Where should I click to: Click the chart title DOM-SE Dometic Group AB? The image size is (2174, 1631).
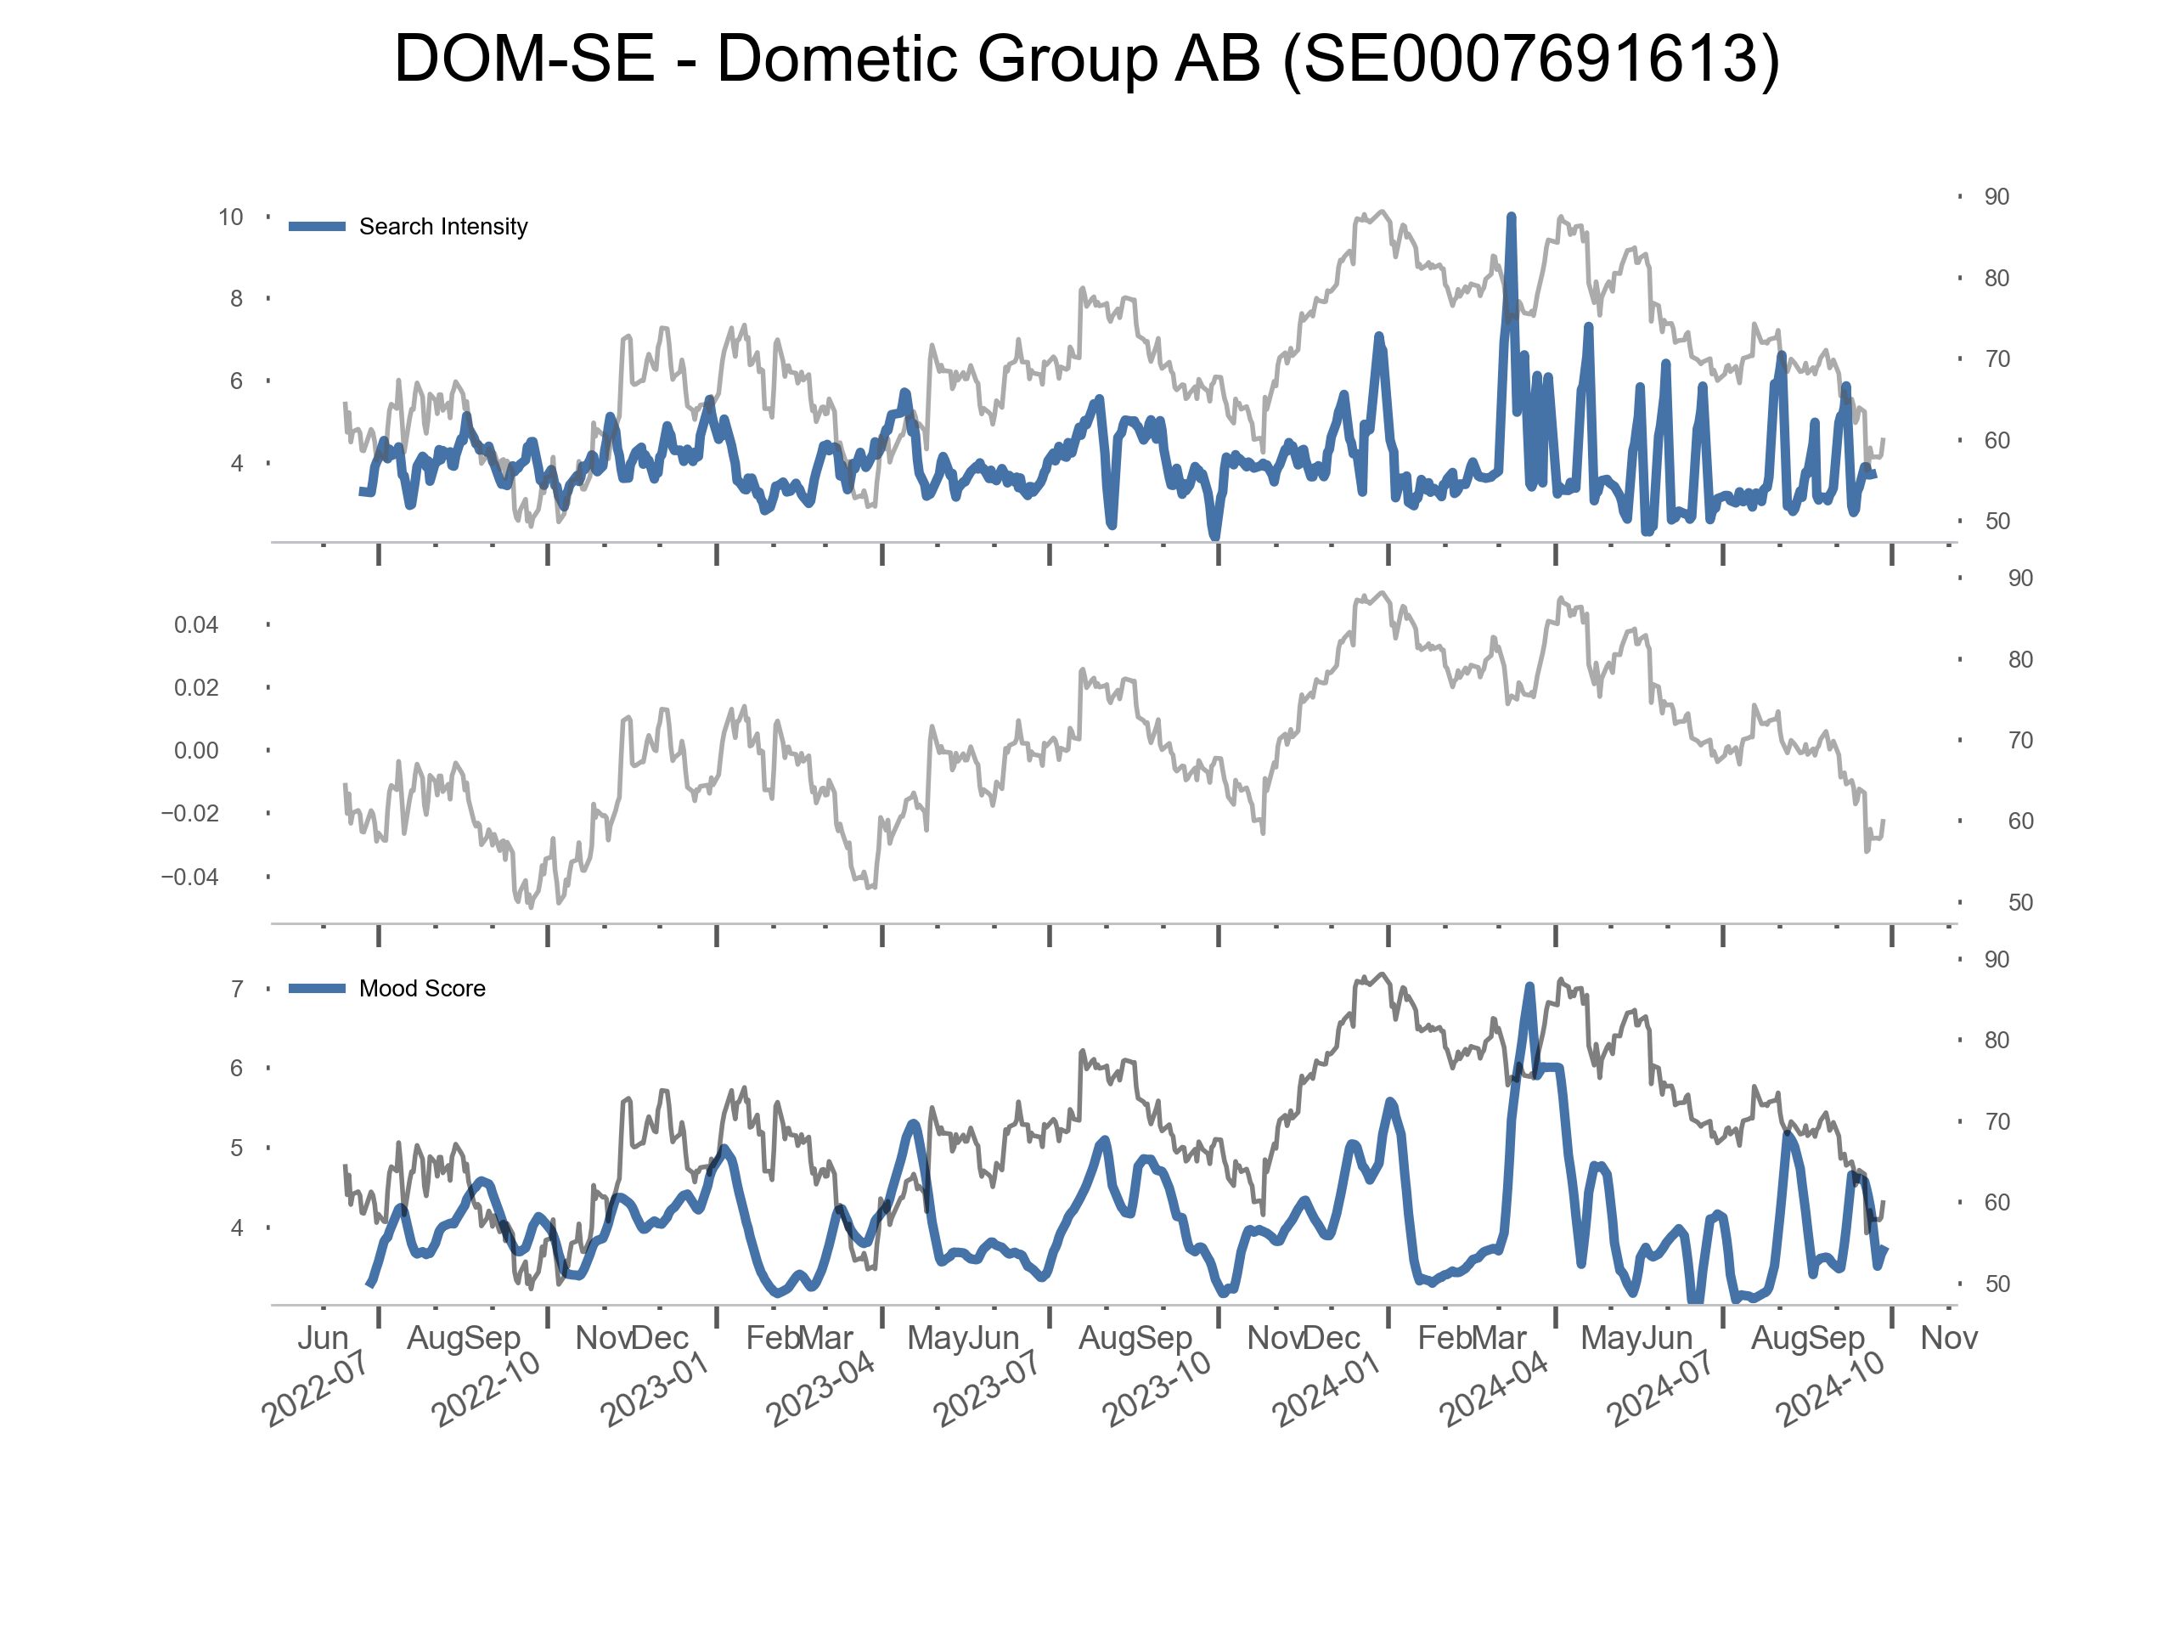click(1086, 59)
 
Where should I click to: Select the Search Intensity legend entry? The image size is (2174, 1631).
click(442, 227)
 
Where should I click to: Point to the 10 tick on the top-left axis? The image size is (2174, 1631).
click(231, 217)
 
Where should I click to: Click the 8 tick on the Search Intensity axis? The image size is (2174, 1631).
click(236, 299)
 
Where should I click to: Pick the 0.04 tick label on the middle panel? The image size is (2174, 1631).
click(196, 625)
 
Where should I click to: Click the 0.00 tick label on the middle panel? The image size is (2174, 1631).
click(196, 751)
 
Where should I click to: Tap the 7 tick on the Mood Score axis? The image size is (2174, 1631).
click(237, 989)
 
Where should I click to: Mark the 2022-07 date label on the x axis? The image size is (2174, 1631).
click(314, 1388)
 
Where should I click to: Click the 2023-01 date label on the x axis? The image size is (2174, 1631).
click(655, 1388)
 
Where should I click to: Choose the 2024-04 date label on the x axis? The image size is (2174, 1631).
click(1494, 1388)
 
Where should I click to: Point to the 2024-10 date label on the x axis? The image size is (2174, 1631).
click(1830, 1388)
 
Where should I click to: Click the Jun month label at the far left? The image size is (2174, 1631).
click(324, 1338)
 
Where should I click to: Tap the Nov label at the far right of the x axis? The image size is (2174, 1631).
click(1949, 1338)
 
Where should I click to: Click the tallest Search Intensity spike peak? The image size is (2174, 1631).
click(1511, 217)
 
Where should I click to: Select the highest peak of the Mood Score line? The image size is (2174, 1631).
click(1529, 986)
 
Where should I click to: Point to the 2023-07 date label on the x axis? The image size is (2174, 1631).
click(987, 1388)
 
